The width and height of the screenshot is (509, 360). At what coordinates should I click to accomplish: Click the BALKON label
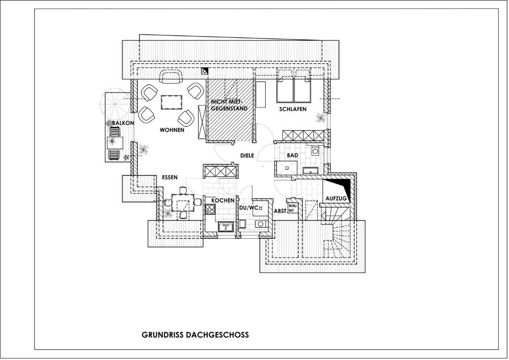(123, 123)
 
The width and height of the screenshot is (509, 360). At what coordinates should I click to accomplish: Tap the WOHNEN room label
(172, 130)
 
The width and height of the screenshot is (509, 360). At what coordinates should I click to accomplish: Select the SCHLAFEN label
(293, 109)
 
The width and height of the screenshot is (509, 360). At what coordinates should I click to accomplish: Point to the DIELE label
(247, 155)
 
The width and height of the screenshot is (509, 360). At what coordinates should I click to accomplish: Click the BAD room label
(293, 155)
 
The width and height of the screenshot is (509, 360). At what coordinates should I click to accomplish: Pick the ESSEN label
(170, 177)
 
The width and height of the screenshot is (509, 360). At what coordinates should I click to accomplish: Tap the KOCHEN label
(223, 201)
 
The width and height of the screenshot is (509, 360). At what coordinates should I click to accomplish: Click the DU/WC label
(249, 207)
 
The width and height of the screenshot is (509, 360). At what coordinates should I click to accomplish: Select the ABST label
(280, 211)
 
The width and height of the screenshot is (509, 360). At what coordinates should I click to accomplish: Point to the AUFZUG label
(336, 199)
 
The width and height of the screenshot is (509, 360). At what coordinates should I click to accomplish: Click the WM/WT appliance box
(292, 208)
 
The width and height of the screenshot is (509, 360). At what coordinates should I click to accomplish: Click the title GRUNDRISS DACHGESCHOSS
(195, 335)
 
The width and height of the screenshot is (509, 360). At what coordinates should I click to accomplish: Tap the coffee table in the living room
(172, 102)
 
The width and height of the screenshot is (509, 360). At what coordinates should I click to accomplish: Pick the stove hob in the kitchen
(210, 209)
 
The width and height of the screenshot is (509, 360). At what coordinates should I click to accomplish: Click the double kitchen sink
(226, 227)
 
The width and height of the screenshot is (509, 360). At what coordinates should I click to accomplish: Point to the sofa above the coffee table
(171, 77)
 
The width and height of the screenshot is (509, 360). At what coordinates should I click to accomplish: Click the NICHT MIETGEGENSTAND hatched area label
(229, 105)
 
